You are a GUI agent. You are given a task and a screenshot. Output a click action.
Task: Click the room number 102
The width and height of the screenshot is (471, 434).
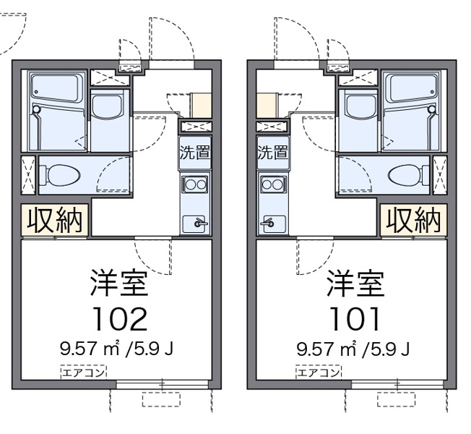[x=121, y=319]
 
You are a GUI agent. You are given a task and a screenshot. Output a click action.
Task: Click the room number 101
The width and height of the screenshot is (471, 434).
[x=355, y=319]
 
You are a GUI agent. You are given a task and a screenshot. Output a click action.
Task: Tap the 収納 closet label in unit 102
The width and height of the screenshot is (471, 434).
[x=55, y=221]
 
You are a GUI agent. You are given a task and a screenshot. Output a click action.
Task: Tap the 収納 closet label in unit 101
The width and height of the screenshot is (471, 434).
[x=413, y=221]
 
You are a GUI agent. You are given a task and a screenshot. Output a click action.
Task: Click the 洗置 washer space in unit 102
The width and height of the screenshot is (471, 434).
[x=195, y=153]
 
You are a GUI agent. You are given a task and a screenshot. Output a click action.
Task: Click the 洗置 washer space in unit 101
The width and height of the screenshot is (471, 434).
[x=273, y=153]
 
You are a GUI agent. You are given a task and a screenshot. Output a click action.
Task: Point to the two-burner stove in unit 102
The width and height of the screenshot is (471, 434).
[x=194, y=184]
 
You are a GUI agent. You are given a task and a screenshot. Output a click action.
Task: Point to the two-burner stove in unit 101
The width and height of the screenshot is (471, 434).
[x=273, y=184]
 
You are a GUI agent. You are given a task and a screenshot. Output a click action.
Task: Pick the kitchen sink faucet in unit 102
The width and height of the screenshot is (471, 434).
[x=200, y=224]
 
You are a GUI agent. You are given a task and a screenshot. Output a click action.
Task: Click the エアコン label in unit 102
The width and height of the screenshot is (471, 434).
[x=84, y=373]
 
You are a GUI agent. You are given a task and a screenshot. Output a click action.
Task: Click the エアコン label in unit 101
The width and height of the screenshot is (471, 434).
[x=319, y=373]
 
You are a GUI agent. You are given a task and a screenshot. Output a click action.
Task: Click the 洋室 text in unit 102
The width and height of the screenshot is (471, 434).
[x=119, y=284]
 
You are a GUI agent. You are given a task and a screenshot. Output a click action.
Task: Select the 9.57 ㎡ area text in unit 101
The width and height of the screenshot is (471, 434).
[x=329, y=349]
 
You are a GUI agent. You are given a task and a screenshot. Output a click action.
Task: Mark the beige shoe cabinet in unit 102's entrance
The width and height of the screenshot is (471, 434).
[x=202, y=106]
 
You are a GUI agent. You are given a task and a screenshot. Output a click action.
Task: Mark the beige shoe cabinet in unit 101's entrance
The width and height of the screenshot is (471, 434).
[x=267, y=106]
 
